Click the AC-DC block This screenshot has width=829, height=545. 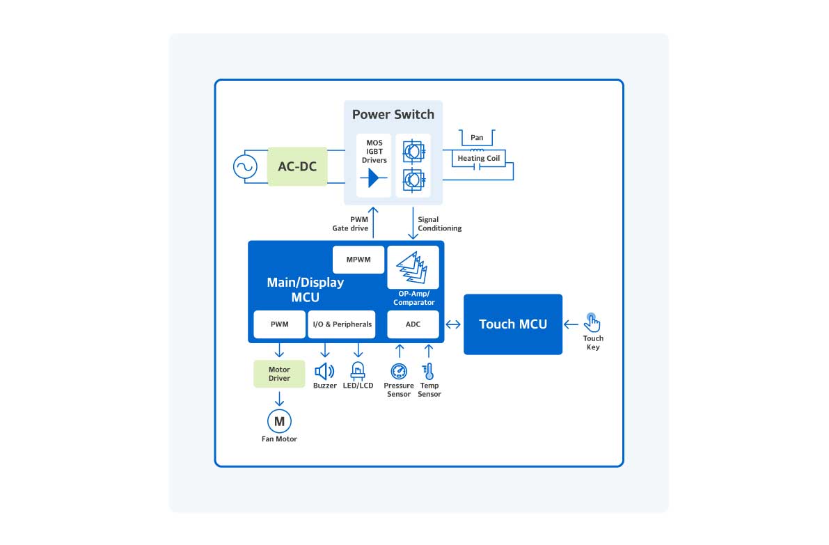(297, 166)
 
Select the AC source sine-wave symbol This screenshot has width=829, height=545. (245, 167)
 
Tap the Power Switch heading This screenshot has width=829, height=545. (393, 115)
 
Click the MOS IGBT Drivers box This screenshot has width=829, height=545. (374, 165)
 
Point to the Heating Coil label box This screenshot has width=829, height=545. (478, 159)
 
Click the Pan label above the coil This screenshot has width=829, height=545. (477, 138)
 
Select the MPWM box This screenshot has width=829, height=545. (358, 260)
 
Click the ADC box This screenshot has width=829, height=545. (413, 324)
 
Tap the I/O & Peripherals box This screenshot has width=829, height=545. (342, 324)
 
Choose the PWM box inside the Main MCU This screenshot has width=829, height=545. (278, 324)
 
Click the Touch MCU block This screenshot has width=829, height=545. (513, 324)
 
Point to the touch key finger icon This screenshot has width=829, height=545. (592, 322)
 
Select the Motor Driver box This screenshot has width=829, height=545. (279, 374)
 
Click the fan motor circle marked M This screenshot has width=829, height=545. (279, 420)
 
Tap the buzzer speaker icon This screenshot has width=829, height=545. (324, 371)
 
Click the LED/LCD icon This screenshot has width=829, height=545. (358, 370)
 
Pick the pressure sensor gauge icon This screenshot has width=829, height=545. (399, 371)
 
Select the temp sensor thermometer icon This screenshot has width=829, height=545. (429, 371)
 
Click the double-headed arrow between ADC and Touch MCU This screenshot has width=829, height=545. (453, 324)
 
